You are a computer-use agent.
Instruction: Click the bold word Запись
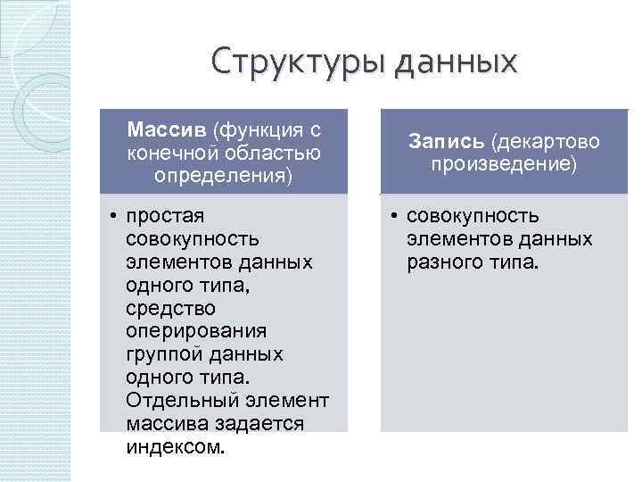tap(445, 141)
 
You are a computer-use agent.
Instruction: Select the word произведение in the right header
tap(504, 164)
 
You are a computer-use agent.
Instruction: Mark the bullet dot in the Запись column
tap(393, 216)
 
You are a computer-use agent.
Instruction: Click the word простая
tap(166, 216)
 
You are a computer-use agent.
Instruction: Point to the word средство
tap(171, 309)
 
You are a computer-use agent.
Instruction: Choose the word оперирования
tap(196, 331)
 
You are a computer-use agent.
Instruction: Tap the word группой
tap(166, 354)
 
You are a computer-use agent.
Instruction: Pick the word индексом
tap(177, 447)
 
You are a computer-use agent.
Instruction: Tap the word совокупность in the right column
tap(473, 216)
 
